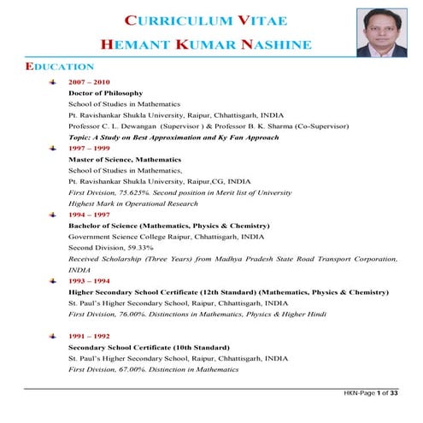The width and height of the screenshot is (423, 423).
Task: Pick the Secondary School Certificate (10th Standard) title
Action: (x=149, y=348)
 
